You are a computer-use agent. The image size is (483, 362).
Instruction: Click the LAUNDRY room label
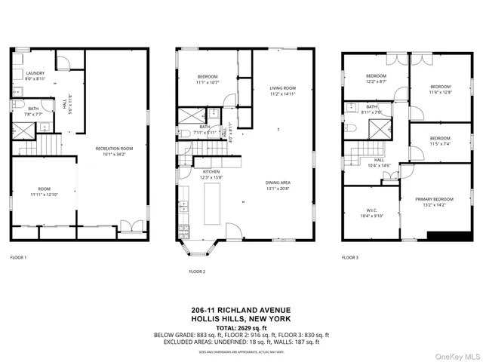[35, 73]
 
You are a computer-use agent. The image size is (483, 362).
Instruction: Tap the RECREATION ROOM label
[114, 149]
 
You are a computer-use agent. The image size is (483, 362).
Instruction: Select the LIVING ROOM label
[283, 88]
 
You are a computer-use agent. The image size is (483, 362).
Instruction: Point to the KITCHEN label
[211, 171]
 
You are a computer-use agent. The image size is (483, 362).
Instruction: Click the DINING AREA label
[278, 183]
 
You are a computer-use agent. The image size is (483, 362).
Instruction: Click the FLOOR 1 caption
[18, 258]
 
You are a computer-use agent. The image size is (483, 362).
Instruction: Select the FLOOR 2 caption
[197, 271]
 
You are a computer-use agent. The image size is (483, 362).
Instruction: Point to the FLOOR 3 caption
[349, 257]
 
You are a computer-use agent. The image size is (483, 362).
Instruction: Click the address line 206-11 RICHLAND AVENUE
[241, 310]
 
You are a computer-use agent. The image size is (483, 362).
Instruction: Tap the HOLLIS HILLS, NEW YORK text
[241, 319]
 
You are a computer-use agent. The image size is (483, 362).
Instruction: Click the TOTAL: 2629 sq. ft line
[241, 327]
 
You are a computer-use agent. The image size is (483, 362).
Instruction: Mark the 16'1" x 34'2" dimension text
[114, 155]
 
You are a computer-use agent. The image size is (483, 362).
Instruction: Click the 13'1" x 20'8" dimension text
[278, 189]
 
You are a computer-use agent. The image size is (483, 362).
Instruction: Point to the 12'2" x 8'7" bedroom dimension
[377, 82]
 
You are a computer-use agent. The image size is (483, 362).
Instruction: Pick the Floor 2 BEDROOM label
[208, 76]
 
